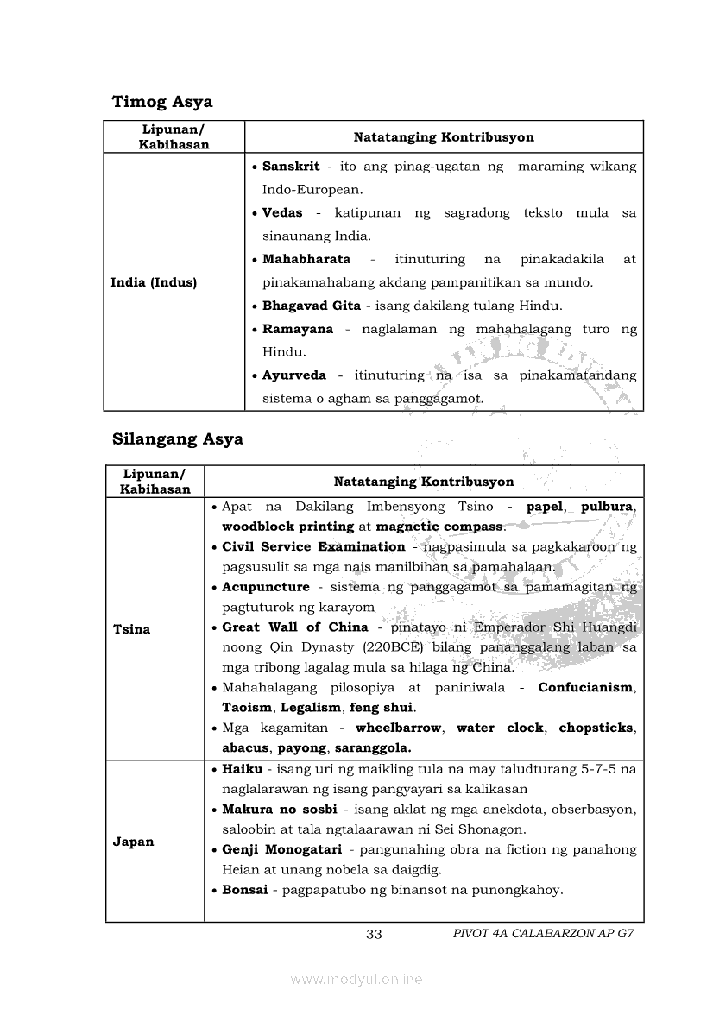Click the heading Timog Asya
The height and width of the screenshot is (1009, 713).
click(162, 102)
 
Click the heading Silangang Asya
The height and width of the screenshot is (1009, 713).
click(178, 438)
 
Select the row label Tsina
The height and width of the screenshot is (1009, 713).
click(131, 629)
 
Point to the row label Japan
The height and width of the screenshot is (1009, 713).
click(133, 842)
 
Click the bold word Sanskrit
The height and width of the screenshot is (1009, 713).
click(291, 167)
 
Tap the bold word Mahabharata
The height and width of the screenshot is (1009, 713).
click(306, 259)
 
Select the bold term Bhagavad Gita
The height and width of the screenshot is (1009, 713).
click(312, 306)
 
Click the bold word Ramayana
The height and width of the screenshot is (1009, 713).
click(298, 329)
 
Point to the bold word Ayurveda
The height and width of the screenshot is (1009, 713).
click(294, 375)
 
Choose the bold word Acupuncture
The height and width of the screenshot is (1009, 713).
click(266, 587)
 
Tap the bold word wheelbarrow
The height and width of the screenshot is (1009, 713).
click(398, 728)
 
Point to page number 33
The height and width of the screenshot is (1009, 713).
click(374, 935)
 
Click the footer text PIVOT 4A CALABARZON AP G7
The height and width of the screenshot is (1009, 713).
click(537, 935)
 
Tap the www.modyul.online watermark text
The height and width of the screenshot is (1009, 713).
click(356, 979)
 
